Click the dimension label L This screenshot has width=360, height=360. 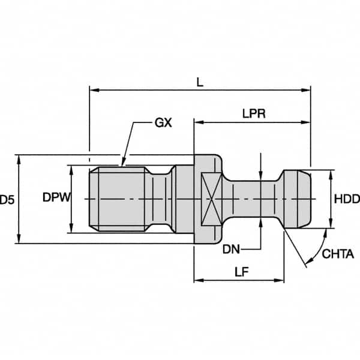(x=200, y=82)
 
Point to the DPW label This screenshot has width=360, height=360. (x=57, y=198)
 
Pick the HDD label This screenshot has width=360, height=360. (x=346, y=199)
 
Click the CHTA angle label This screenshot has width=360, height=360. (x=338, y=254)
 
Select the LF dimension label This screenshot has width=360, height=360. (x=238, y=271)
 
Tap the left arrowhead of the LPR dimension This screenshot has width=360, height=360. (x=197, y=122)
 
